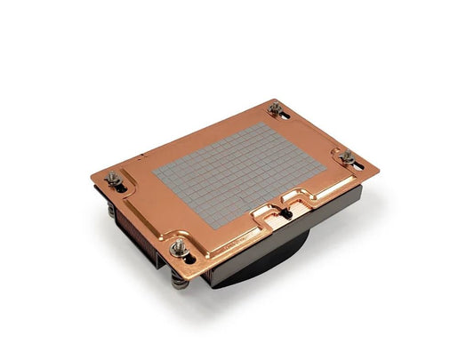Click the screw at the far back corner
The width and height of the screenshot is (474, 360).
pyautogui.click(x=274, y=109)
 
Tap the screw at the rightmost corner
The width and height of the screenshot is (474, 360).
pyautogui.click(x=348, y=157)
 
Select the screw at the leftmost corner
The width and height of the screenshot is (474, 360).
pyautogui.click(x=113, y=180)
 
